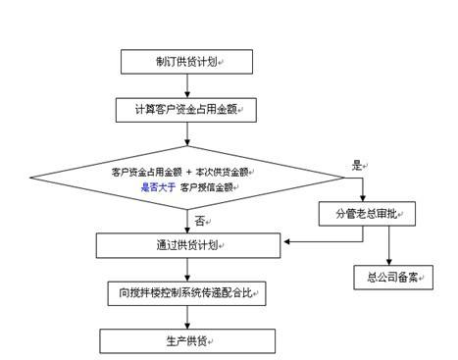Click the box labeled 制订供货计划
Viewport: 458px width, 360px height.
click(186, 62)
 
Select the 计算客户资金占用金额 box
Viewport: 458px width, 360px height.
click(186, 109)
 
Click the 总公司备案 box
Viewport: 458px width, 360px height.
click(392, 277)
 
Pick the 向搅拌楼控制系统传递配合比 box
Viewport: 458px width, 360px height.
click(186, 292)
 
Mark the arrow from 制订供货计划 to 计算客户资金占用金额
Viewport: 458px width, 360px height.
click(186, 86)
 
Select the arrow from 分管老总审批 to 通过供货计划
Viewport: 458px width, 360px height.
click(304, 242)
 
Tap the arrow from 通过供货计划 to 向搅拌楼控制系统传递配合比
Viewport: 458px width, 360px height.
click(186, 268)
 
